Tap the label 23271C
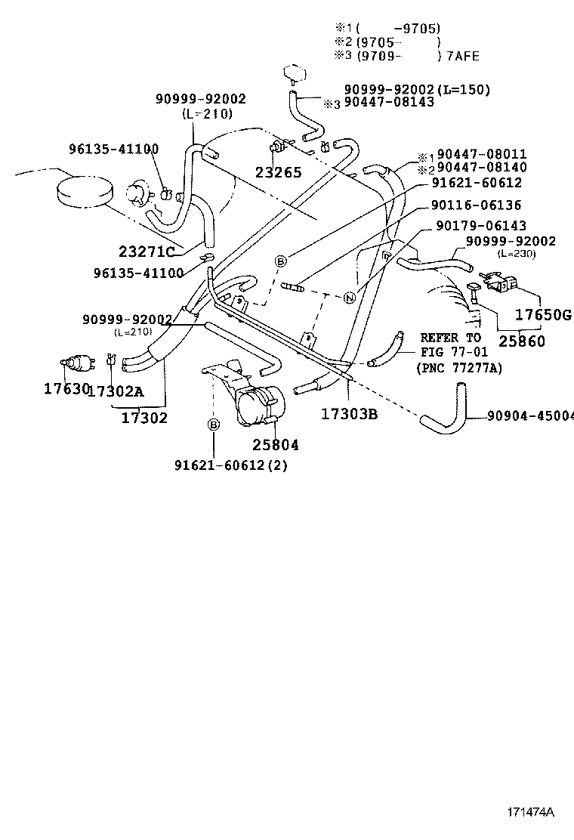click(x=147, y=252)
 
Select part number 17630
click(x=64, y=389)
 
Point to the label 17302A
click(x=116, y=391)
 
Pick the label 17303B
click(x=349, y=414)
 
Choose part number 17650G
click(x=543, y=314)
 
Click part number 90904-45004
click(x=529, y=415)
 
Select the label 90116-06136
click(x=477, y=205)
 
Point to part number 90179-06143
click(x=481, y=226)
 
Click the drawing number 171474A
click(x=530, y=813)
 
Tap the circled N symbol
click(x=349, y=297)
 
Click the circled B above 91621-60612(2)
click(x=214, y=425)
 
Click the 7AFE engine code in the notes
click(x=462, y=56)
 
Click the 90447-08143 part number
click(x=389, y=102)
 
